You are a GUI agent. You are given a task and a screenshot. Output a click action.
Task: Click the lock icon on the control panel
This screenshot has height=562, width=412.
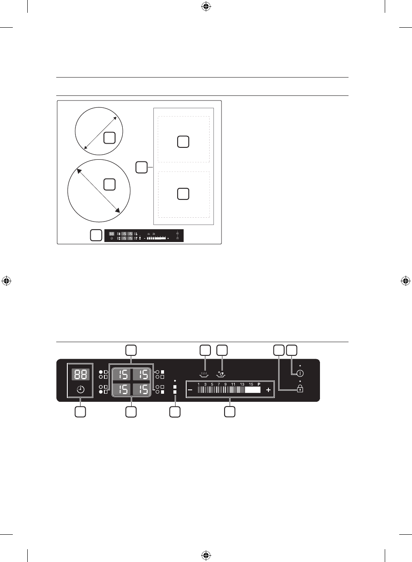pos(300,389)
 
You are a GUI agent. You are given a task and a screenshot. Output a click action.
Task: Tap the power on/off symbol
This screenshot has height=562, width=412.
pos(300,373)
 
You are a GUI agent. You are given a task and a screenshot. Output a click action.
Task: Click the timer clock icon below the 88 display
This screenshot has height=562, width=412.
pos(81,389)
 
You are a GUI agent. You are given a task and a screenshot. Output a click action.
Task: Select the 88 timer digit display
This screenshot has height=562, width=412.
pos(81,375)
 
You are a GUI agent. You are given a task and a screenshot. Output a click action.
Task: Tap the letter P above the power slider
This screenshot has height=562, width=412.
pos(259,384)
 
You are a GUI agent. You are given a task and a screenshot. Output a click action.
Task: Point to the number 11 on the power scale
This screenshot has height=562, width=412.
pos(233,384)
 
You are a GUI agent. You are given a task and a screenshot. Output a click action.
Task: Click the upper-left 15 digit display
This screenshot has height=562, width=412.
pos(123,375)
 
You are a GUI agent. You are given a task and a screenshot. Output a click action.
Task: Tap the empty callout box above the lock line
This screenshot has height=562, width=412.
pos(279,350)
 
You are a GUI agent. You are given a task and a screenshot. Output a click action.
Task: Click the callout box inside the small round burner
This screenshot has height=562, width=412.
pos(109,138)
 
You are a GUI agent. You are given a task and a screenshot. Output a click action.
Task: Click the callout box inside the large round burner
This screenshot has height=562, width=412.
pos(109,184)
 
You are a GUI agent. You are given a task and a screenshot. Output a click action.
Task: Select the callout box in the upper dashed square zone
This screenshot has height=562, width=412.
pos(183,141)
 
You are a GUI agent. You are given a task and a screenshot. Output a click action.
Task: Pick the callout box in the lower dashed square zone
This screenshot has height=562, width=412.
pos(183,194)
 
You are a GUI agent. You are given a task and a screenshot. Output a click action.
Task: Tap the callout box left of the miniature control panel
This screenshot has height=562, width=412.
pos(96,235)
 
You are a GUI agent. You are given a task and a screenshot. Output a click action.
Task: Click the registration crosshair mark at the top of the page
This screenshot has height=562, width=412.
pos(206,6)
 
